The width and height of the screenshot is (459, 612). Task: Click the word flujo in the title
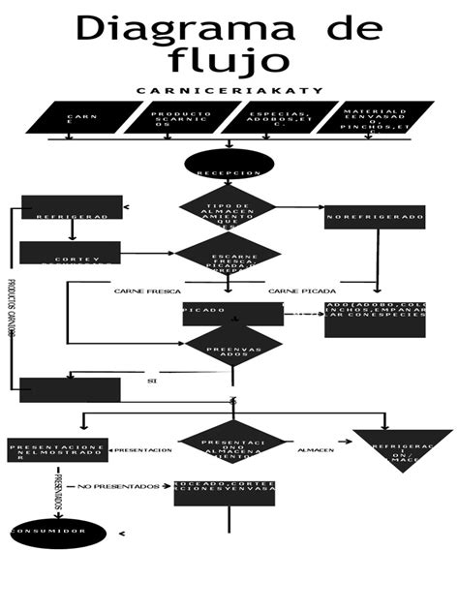pyautogui.click(x=229, y=59)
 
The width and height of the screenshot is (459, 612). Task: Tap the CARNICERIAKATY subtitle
pyautogui.click(x=229, y=91)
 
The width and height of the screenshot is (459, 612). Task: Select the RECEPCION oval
pyautogui.click(x=229, y=167)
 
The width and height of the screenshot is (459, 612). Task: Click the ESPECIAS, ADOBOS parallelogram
pyautogui.click(x=265, y=118)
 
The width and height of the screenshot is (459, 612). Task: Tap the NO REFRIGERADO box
pyautogui.click(x=376, y=217)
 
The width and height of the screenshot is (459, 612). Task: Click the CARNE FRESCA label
pyautogui.click(x=147, y=291)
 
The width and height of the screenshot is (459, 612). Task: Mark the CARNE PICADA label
pyautogui.click(x=302, y=291)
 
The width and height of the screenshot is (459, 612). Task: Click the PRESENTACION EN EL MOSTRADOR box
pyautogui.click(x=59, y=450)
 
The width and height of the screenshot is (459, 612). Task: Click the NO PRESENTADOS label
pyautogui.click(x=118, y=486)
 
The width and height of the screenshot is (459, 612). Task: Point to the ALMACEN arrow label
pyautogui.click(x=316, y=450)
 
